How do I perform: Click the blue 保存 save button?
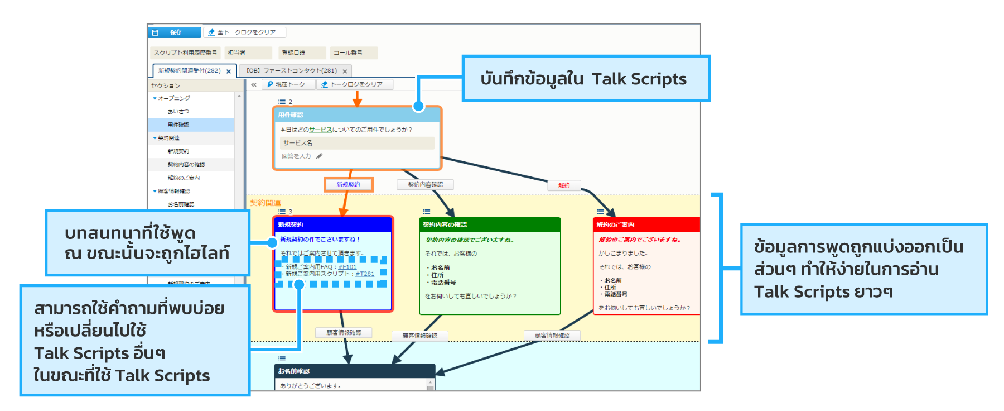[x=175, y=32]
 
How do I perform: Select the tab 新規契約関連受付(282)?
[x=189, y=71]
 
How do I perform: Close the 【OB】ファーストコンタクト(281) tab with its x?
[x=345, y=71]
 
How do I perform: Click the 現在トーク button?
[x=286, y=84]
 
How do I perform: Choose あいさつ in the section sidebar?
[x=178, y=112]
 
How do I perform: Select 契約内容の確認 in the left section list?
[x=186, y=165]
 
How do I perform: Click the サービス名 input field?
[x=357, y=143]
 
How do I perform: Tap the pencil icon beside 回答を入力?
[x=320, y=156]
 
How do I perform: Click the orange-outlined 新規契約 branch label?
[x=348, y=185]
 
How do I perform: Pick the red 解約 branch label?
[x=564, y=185]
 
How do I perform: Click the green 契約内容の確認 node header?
[x=489, y=224]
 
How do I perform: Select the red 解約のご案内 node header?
[x=646, y=224]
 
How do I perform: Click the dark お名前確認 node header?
[x=354, y=371]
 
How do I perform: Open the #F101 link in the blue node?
[x=347, y=267]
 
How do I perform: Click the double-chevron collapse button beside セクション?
[x=254, y=85]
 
